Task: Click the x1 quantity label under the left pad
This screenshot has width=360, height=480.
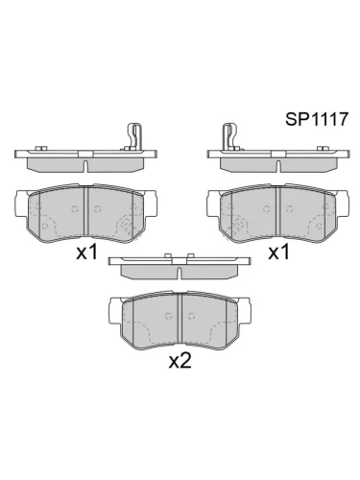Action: (88, 253)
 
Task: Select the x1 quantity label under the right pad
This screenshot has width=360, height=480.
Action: (278, 253)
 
